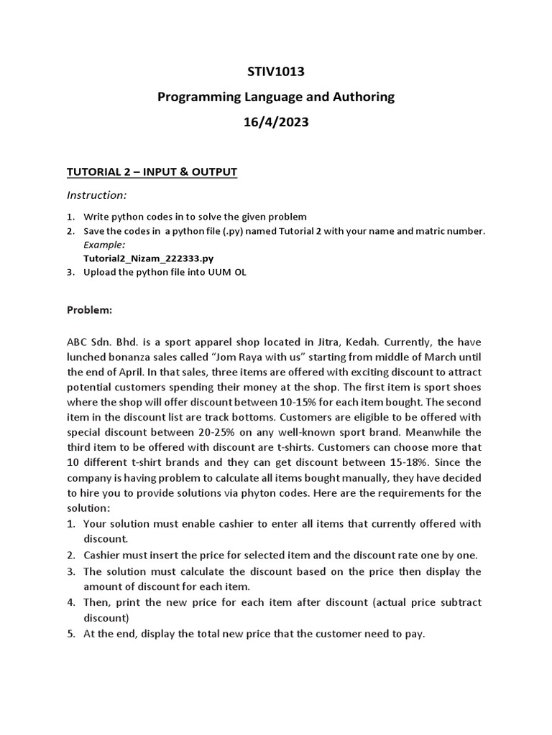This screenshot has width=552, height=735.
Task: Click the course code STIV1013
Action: (x=276, y=71)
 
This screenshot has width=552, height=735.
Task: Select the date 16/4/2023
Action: (x=276, y=122)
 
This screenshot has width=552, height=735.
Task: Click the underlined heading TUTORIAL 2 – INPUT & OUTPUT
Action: (x=152, y=172)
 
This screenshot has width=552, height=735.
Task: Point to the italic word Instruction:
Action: (x=96, y=195)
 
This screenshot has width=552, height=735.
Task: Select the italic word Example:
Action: (x=104, y=245)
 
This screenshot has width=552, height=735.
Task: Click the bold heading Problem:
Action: (x=90, y=310)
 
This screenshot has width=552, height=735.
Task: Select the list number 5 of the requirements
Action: (x=71, y=634)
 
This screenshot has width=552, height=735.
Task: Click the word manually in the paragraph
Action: (x=330, y=477)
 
